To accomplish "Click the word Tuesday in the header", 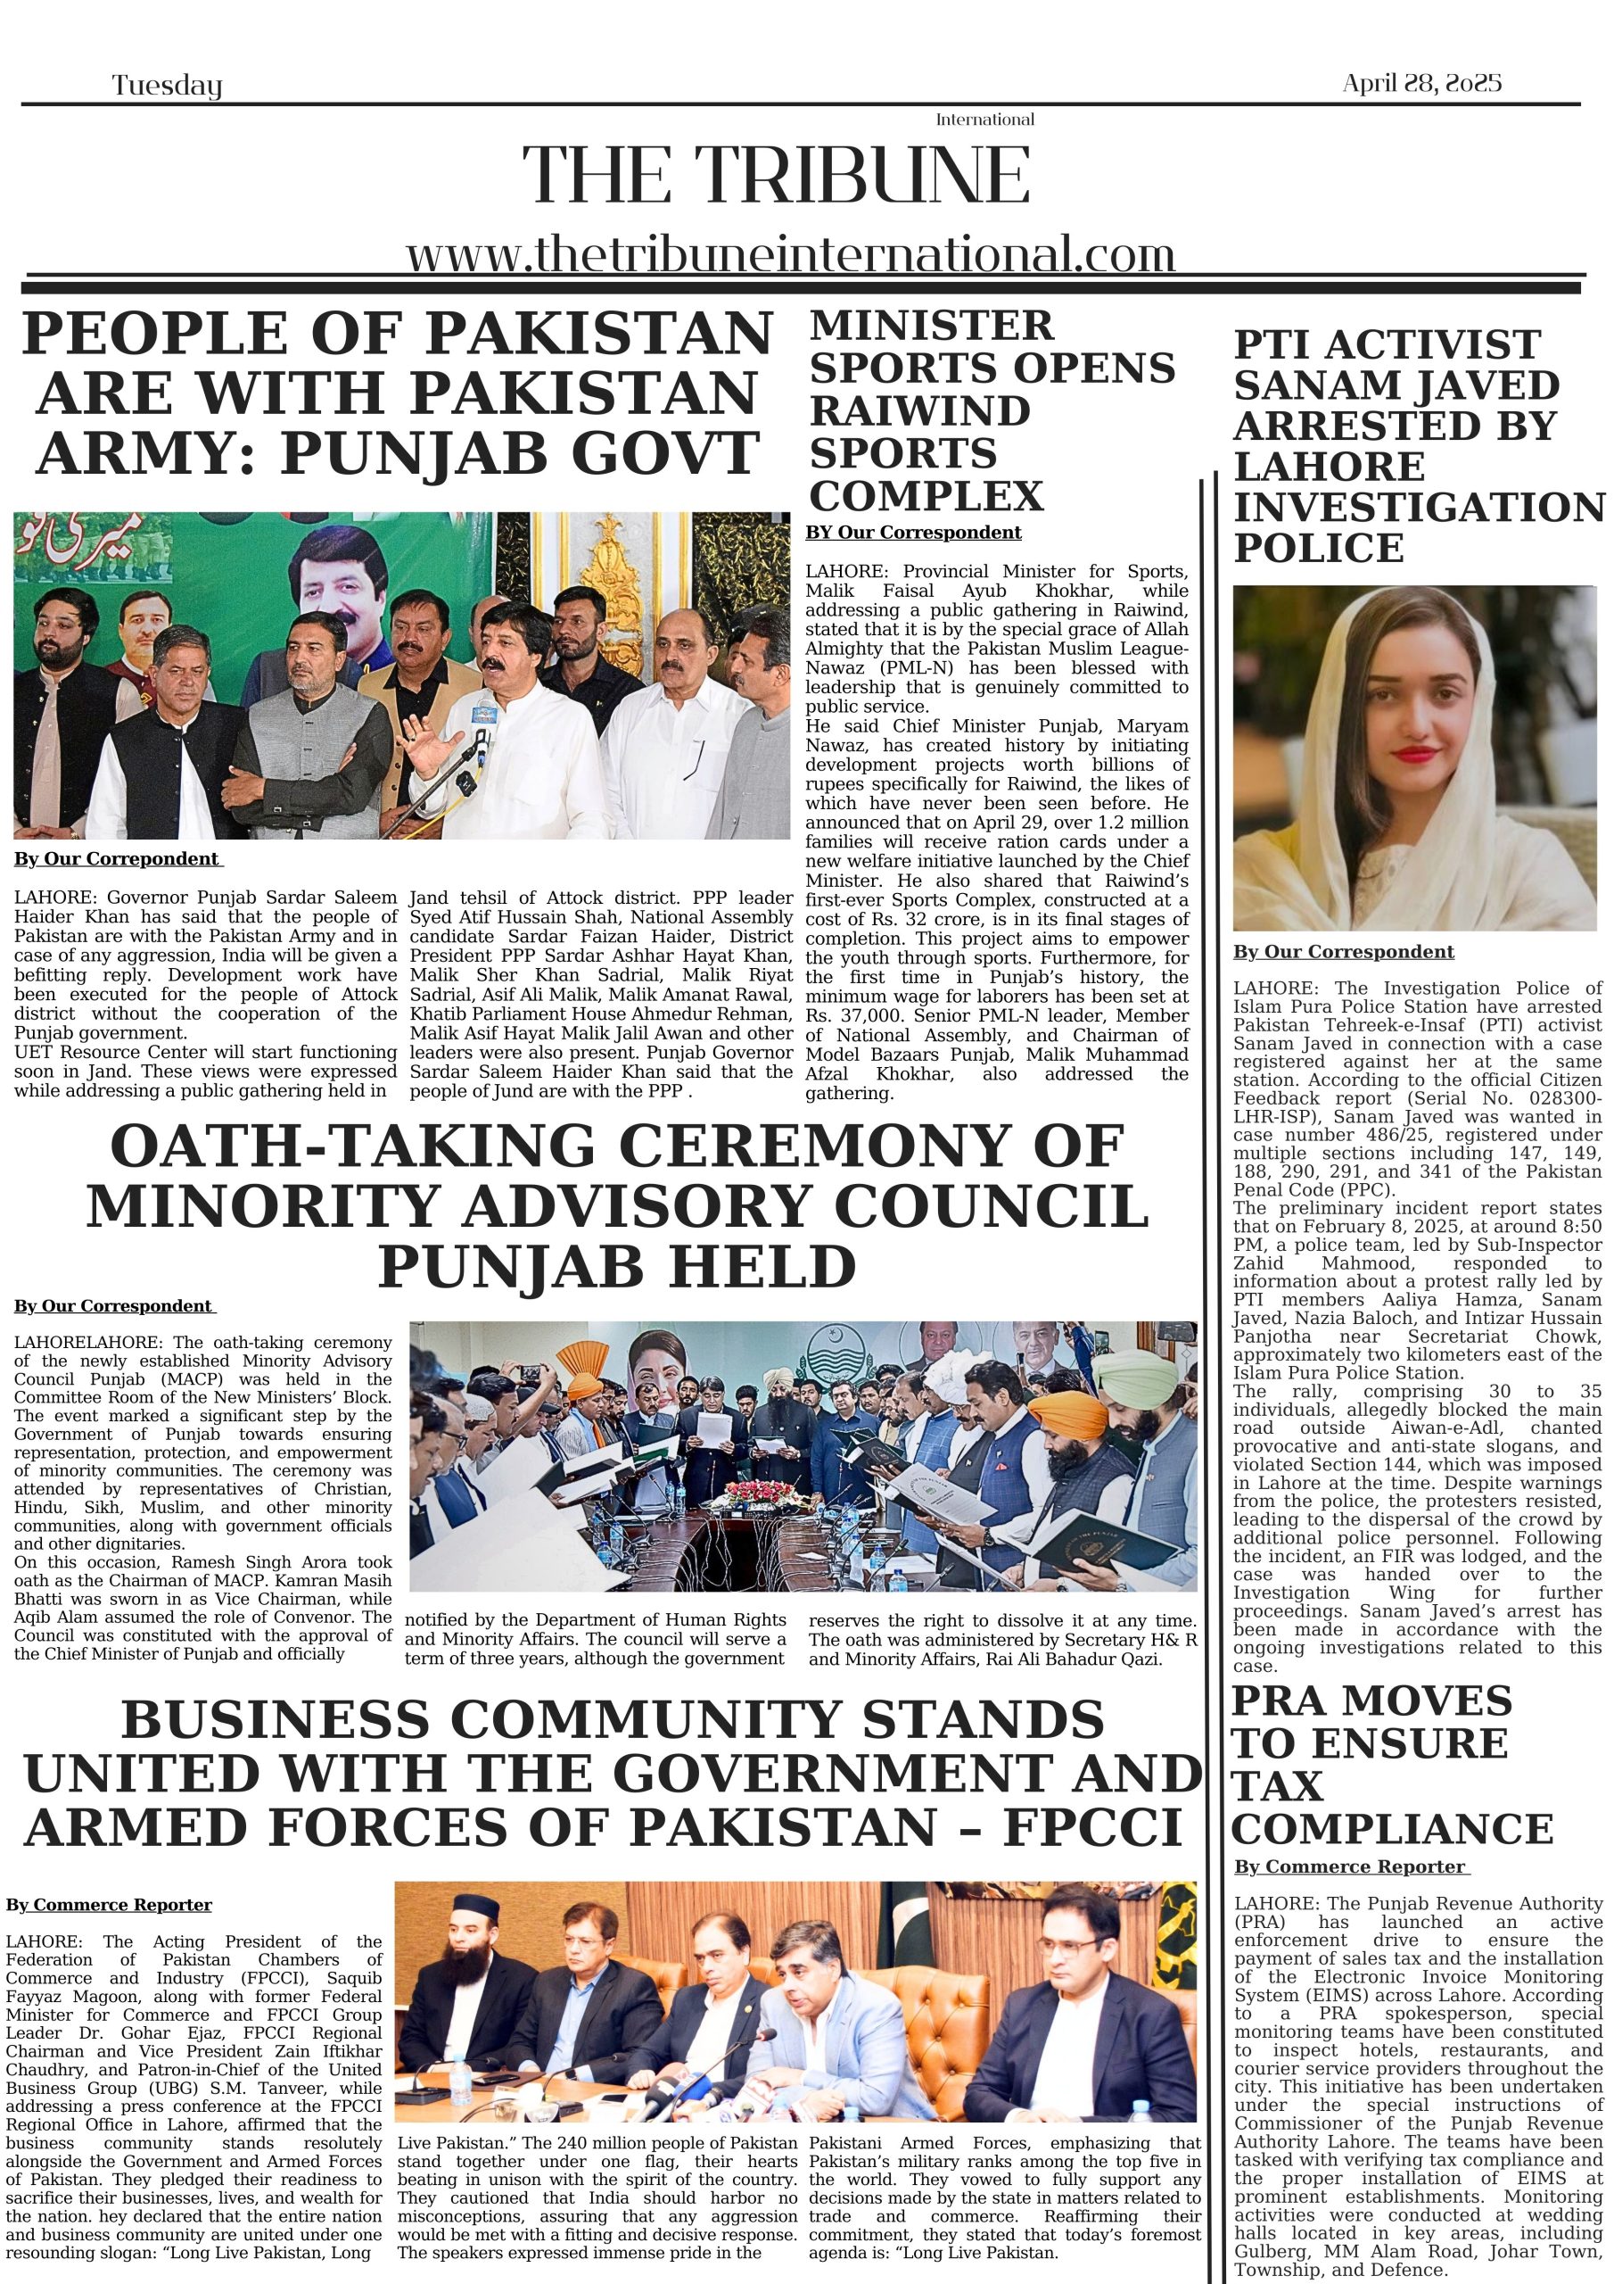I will pyautogui.click(x=166, y=86).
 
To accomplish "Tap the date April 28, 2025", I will pyautogui.click(x=1421, y=83).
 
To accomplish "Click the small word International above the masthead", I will pyautogui.click(x=984, y=120).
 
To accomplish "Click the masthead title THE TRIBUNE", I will pyautogui.click(x=777, y=176).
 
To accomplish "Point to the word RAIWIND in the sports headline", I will pyautogui.click(x=920, y=410).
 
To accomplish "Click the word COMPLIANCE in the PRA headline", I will pyautogui.click(x=1391, y=1828).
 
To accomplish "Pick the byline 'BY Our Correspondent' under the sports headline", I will pyautogui.click(x=913, y=533).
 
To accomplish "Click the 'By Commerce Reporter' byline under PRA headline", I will pyautogui.click(x=1349, y=1867).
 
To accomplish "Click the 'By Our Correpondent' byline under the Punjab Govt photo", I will pyautogui.click(x=118, y=858).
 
